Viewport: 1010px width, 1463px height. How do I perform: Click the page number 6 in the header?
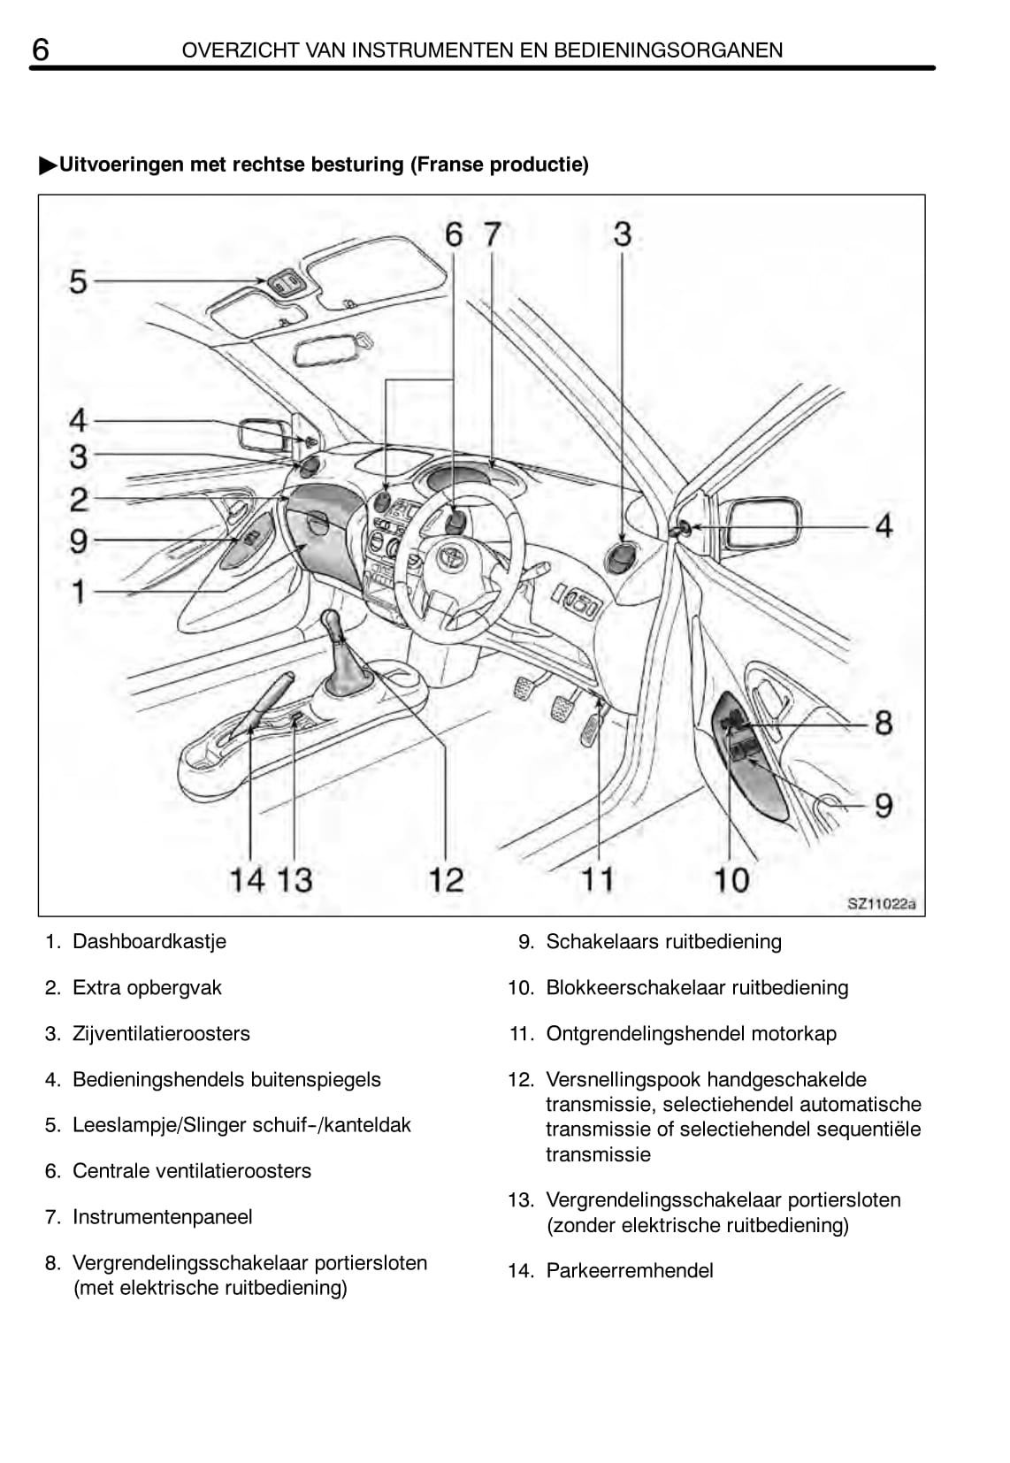41,50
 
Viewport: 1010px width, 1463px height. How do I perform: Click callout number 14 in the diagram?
247,879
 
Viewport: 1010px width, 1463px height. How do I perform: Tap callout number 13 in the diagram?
295,879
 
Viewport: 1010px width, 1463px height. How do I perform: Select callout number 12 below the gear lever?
446,879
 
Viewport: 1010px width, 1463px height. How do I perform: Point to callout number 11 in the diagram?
597,879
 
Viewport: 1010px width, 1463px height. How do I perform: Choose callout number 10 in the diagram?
731,879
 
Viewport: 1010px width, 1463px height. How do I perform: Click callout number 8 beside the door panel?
883,723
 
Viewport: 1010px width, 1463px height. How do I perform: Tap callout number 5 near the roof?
79,282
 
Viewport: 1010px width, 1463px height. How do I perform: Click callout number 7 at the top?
492,234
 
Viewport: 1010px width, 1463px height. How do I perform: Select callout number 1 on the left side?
79,591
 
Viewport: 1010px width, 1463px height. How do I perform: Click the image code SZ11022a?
881,904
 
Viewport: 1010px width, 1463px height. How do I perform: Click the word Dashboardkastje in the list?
149,941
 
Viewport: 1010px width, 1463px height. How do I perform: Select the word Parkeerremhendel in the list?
629,1270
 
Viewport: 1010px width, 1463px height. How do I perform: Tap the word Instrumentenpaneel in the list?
162,1217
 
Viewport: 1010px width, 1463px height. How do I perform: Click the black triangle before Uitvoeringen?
48,165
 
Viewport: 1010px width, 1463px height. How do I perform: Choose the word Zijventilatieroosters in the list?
161,1033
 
